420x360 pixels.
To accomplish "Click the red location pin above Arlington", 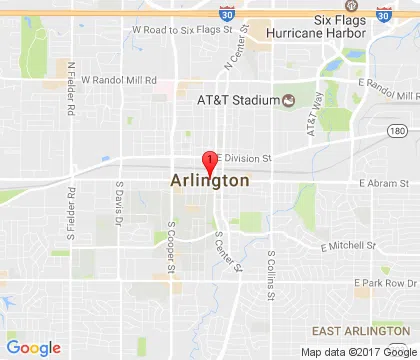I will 209,161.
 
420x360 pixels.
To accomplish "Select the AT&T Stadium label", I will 236,101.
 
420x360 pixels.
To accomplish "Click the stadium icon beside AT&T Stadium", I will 289,101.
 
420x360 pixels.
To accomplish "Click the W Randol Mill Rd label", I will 119,79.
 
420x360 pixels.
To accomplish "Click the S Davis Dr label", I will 118,200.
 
